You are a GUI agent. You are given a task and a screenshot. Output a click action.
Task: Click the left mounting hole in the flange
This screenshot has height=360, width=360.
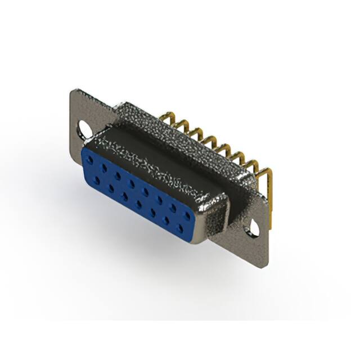pos(85,128)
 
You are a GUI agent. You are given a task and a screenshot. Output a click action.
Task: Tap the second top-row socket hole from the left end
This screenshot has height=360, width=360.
pos(103,168)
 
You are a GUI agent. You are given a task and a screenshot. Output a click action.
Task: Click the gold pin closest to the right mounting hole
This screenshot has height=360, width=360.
pos(265,173)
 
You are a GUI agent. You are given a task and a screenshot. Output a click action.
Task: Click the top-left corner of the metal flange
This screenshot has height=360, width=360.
pos(72,90)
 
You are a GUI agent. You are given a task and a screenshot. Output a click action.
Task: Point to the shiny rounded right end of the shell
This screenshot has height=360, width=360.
pos(217,217)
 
